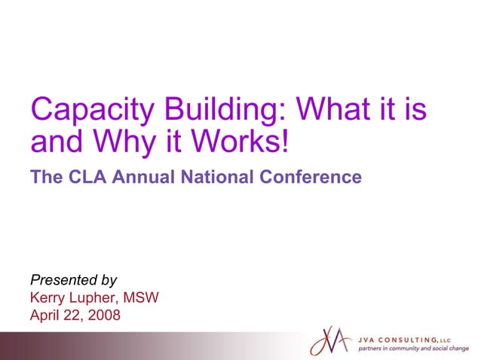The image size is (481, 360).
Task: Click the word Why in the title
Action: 119,142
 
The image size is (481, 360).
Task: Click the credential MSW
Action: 143,297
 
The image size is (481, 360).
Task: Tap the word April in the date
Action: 44,315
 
